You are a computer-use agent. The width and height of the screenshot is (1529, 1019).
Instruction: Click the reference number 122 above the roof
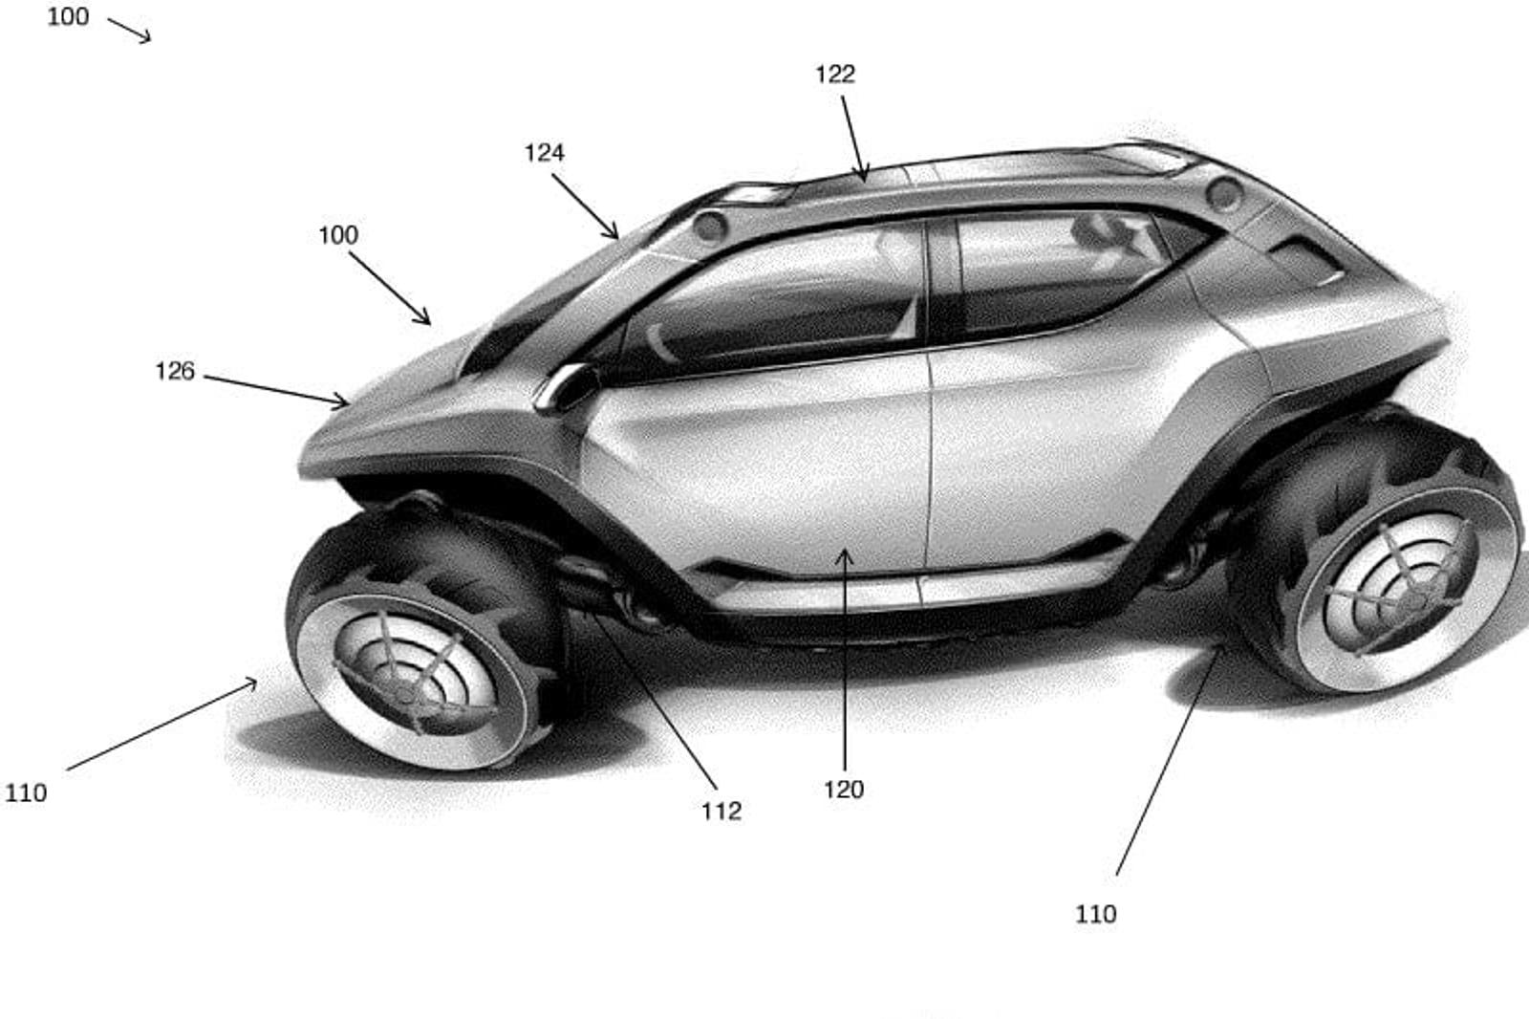[x=834, y=75]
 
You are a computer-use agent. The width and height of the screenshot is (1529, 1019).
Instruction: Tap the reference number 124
[x=544, y=153]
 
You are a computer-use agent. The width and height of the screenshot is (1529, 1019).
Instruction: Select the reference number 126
[x=175, y=371]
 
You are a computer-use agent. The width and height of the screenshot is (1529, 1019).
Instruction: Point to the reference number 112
[x=721, y=812]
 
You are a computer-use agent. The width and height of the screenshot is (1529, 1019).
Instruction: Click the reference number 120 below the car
[x=843, y=790]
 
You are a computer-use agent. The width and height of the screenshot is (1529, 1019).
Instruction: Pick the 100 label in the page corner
[x=68, y=17]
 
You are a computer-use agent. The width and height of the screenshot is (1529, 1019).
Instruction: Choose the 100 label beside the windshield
[x=338, y=235]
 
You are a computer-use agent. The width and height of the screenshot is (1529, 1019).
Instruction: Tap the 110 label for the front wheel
[x=26, y=793]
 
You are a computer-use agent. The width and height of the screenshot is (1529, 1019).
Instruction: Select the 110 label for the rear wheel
[x=1095, y=915]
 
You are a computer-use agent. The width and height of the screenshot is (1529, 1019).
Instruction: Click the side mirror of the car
[x=565, y=386]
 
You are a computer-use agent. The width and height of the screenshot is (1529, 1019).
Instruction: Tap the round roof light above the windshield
[x=709, y=227]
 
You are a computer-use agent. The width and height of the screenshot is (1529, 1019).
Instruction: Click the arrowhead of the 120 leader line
[x=845, y=553]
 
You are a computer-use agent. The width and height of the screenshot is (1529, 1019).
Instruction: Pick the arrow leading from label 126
[x=276, y=390]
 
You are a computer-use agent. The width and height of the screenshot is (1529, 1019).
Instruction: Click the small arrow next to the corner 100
[x=129, y=30]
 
